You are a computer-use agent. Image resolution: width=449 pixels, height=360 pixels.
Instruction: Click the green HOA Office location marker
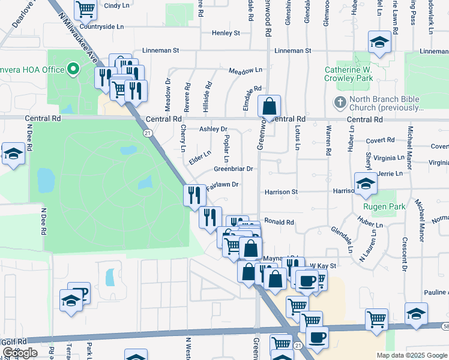click(x=74, y=70)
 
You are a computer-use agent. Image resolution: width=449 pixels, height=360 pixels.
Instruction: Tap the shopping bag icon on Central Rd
click(x=270, y=107)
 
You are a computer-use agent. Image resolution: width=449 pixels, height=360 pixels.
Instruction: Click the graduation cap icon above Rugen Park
click(x=365, y=184)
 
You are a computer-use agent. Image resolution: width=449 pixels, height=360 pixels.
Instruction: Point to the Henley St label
click(x=226, y=33)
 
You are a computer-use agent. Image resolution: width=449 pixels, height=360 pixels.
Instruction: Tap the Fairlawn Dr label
click(x=223, y=185)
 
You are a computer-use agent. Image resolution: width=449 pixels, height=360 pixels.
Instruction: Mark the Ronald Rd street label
click(x=279, y=222)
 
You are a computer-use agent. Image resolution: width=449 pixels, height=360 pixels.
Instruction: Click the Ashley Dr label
click(x=213, y=129)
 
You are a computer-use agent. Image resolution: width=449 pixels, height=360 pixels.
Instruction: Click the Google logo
click(x=20, y=353)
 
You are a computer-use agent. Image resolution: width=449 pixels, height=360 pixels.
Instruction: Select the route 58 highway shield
click(x=444, y=326)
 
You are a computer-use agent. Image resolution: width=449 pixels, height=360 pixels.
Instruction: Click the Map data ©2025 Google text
click(x=412, y=355)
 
